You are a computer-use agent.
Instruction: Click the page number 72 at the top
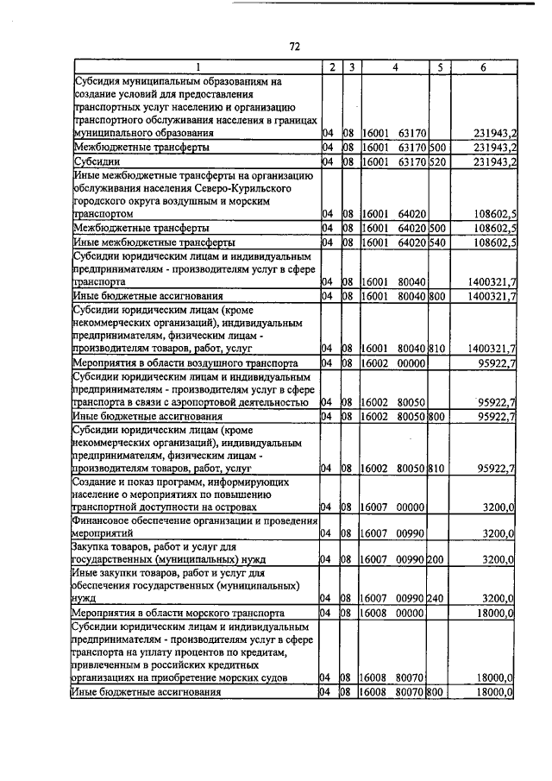294,46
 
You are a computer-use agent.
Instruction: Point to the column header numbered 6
483,66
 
